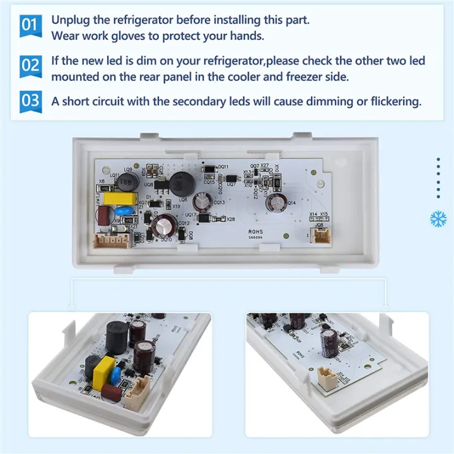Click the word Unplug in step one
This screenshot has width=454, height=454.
70,20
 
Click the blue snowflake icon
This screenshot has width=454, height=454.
438,219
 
